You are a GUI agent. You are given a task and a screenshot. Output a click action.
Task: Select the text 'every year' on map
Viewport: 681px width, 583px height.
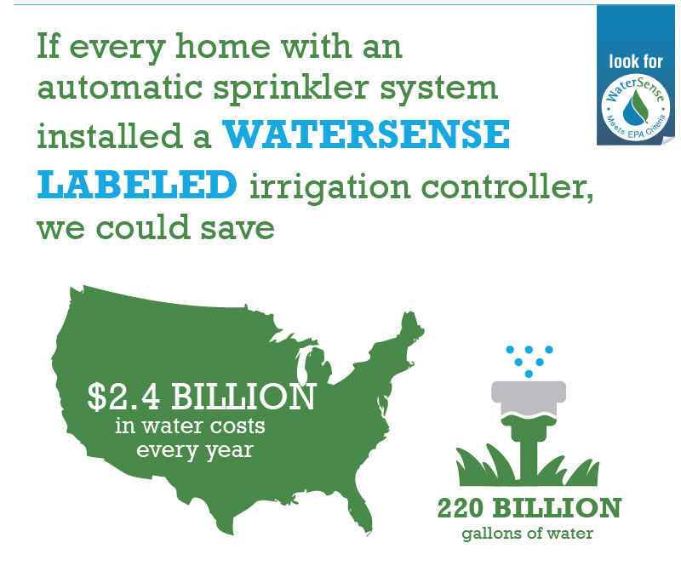click(196, 449)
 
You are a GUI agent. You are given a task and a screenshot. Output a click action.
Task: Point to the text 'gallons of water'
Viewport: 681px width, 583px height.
click(529, 534)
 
